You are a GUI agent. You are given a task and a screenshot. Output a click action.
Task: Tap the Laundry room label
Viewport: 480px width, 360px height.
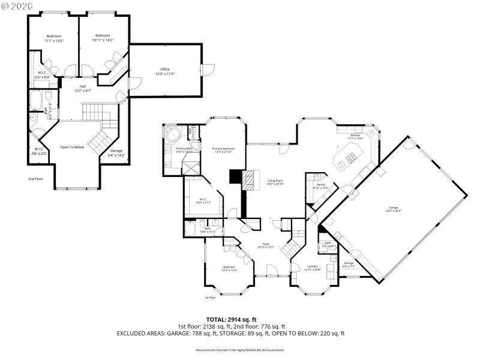[x=313, y=268]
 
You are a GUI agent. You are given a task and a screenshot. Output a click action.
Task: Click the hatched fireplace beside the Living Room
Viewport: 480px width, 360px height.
[x=248, y=178]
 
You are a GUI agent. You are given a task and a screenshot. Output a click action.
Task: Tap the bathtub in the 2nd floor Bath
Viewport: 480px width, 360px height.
[x=34, y=99]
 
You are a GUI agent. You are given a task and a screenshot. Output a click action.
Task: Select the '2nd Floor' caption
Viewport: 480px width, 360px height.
[x=36, y=179]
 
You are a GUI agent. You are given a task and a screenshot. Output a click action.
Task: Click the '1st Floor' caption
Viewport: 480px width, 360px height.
[x=210, y=298]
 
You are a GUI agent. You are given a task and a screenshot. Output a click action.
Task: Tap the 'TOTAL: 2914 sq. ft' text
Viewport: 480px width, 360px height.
[x=231, y=320]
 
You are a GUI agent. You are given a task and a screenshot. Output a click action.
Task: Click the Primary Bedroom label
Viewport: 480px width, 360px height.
[x=223, y=149]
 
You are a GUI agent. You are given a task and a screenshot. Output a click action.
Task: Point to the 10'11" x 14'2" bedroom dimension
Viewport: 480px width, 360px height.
[x=103, y=40]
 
